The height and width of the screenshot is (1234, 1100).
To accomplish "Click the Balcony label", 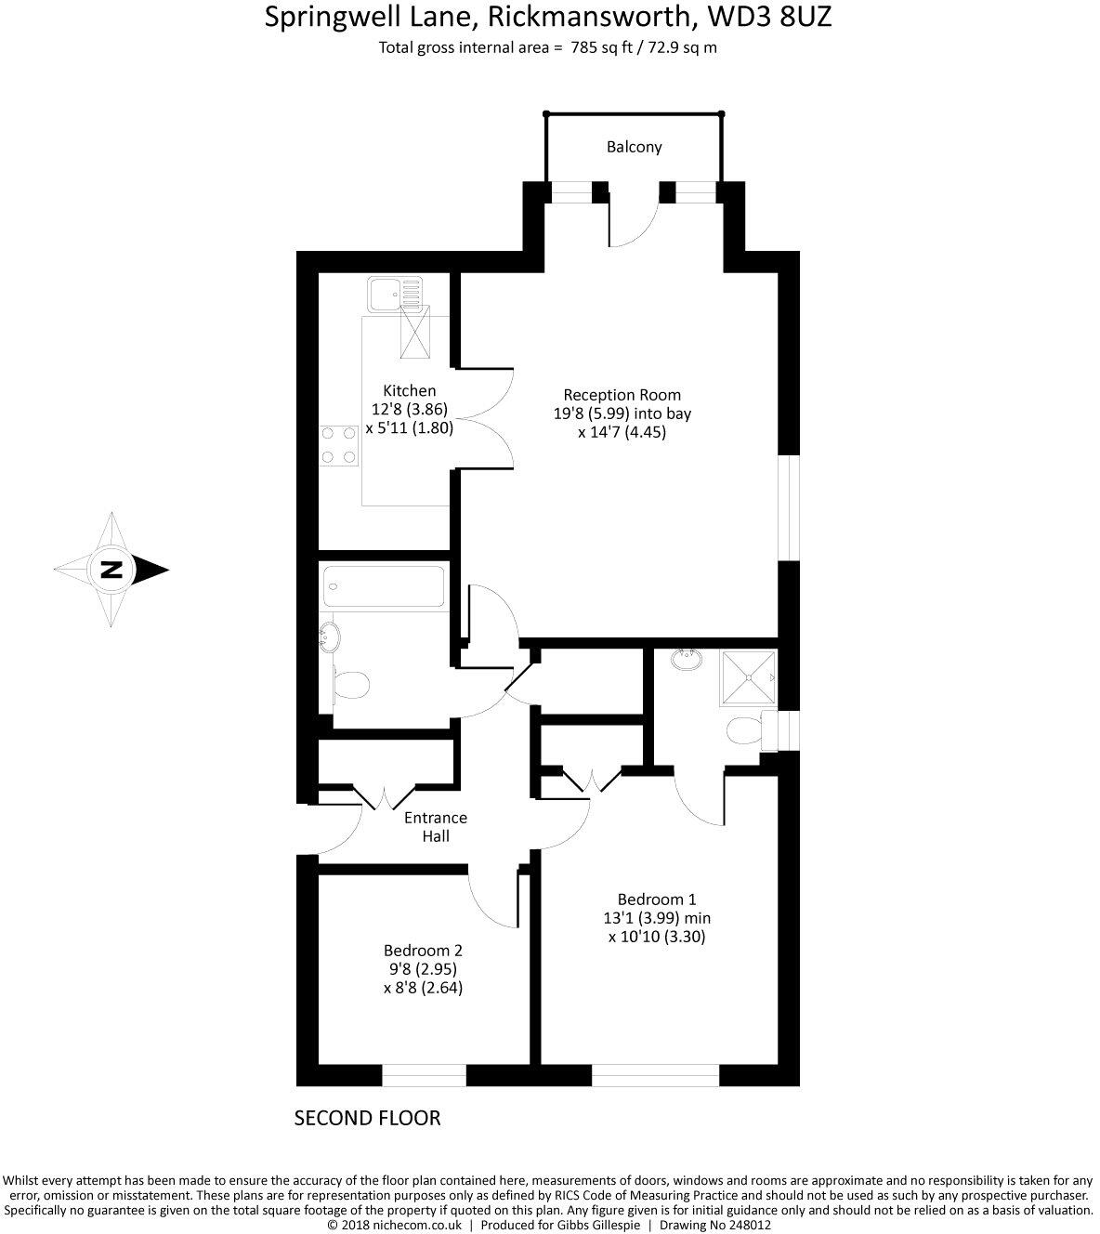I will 634,147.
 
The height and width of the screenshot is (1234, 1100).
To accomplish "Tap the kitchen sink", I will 394,295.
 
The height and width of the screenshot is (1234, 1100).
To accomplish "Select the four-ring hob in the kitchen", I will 339,444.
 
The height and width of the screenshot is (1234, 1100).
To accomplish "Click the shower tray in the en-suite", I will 748,676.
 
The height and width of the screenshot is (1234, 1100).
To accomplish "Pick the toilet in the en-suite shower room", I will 743,730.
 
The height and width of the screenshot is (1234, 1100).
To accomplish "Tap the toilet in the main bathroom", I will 349,686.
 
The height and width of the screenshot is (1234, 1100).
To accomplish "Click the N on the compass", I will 111,569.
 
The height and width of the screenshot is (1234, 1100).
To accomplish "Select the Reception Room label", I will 622,395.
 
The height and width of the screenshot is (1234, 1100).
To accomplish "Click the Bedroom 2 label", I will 423,951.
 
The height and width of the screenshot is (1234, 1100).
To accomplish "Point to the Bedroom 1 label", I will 657,899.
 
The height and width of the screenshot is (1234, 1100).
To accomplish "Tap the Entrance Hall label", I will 435,827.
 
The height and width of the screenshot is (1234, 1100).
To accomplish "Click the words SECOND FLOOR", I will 367,1118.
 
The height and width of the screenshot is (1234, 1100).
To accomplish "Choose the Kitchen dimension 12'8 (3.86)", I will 410,409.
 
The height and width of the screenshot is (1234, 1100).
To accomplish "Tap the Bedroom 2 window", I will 424,1075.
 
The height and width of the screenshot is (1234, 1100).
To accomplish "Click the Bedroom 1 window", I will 655,1075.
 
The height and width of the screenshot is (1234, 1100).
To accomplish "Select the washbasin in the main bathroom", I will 330,637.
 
